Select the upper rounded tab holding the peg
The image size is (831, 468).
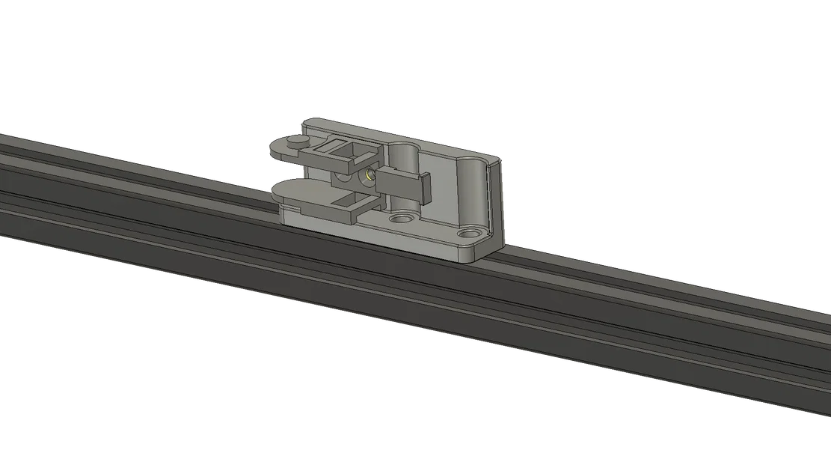(282, 148)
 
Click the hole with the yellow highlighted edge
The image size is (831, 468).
(367, 176)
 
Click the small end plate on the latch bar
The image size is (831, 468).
(426, 189)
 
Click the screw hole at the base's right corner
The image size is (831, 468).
(469, 233)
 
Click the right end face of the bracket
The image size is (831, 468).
(497, 202)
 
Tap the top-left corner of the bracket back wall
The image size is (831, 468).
(303, 122)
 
